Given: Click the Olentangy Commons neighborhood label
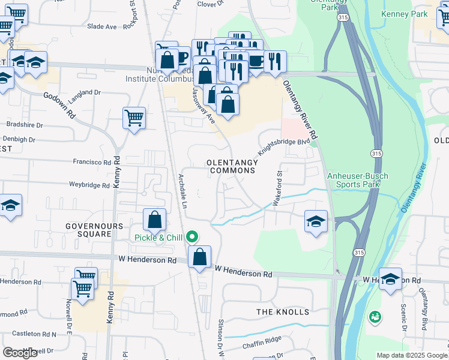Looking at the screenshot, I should point(231,166).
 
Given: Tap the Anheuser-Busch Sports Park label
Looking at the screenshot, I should point(357,180).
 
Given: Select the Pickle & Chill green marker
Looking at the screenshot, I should point(193,238).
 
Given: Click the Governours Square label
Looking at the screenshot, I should point(89,230).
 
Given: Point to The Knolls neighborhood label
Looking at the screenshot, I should point(283,312).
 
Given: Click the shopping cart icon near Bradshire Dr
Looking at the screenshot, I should point(134,117).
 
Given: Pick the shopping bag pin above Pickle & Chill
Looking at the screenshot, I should point(154,220).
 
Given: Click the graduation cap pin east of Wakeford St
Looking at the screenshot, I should point(316,221).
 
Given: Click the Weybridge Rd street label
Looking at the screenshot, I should point(89,185).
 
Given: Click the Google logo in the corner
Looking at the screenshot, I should point(20,352).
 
